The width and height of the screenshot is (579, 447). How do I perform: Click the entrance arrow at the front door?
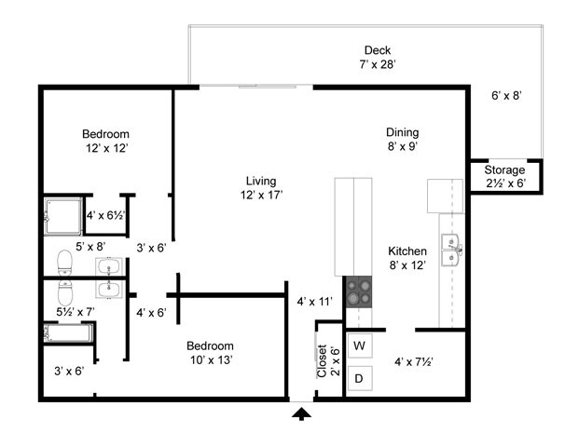(x=301, y=413)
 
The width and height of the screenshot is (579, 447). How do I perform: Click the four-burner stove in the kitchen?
(x=359, y=294)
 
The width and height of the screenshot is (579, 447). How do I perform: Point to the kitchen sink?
(x=452, y=249)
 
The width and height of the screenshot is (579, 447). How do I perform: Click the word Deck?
(x=378, y=50)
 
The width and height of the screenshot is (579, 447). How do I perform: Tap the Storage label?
(x=505, y=170)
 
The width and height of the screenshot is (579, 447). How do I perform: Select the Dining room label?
(x=403, y=132)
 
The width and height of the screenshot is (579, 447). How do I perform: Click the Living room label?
(x=261, y=181)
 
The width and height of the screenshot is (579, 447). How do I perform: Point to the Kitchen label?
(x=407, y=251)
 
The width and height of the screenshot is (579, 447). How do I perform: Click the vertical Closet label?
(x=322, y=360)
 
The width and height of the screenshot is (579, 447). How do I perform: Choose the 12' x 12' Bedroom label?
(x=105, y=134)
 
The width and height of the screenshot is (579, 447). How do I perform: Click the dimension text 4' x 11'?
(x=315, y=302)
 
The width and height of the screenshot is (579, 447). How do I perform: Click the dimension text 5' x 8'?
(x=90, y=247)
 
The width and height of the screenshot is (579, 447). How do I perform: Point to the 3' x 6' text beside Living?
(x=151, y=248)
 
